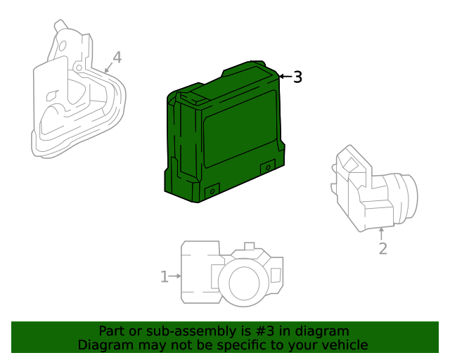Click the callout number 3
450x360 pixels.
(x=297, y=77)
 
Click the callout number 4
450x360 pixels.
(x=117, y=58)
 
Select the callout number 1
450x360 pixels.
(x=164, y=277)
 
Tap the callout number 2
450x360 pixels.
(x=382, y=248)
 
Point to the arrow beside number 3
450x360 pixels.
(x=285, y=76)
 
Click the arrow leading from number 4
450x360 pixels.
(x=108, y=68)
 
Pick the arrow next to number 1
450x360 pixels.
(x=175, y=277)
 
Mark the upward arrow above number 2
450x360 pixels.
(x=382, y=233)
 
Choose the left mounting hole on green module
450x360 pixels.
(x=211, y=190)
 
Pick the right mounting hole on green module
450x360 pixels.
(x=267, y=167)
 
